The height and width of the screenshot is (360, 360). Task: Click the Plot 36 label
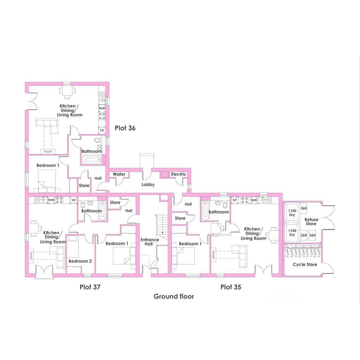click(x=125, y=128)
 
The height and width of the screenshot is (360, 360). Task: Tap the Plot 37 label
click(x=90, y=287)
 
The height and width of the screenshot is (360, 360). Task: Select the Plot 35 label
click(x=231, y=287)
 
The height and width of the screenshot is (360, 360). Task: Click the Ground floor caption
click(x=174, y=296)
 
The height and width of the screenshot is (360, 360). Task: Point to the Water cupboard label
click(x=119, y=174)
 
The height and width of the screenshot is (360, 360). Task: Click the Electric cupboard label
click(x=178, y=174)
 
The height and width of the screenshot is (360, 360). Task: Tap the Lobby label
click(x=148, y=185)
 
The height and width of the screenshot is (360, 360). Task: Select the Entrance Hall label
click(x=149, y=242)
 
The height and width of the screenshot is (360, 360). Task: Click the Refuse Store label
click(x=311, y=222)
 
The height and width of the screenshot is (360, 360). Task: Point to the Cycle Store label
click(x=305, y=264)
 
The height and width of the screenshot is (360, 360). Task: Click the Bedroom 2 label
click(x=80, y=261)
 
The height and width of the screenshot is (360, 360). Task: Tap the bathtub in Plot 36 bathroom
click(x=91, y=160)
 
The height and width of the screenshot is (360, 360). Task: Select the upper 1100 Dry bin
click(x=292, y=213)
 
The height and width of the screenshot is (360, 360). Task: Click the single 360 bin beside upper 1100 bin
click(x=304, y=208)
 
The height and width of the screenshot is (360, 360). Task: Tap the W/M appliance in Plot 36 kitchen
click(x=102, y=108)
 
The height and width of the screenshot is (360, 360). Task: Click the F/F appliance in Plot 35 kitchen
click(x=235, y=200)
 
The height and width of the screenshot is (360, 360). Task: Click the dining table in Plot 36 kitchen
click(x=67, y=90)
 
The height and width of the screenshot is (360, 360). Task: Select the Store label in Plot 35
click(x=180, y=218)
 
